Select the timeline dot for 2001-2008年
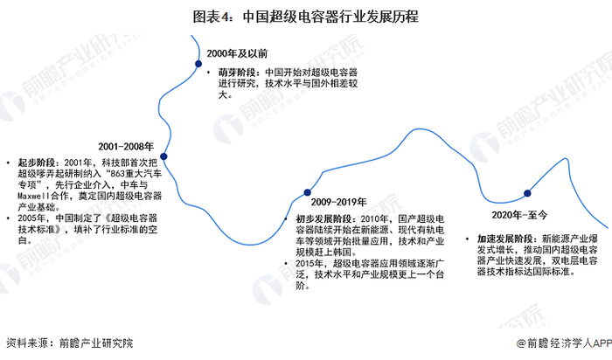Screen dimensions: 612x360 tap(163, 157)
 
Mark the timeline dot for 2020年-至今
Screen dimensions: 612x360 tap(528, 194)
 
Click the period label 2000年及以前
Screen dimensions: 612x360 tap(238, 54)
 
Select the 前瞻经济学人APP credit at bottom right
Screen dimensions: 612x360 tap(562, 343)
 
